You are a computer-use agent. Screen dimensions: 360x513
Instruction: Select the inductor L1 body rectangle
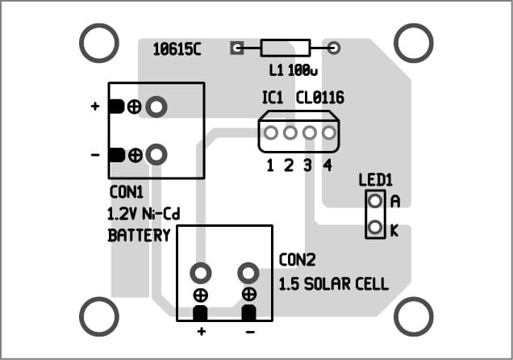285,48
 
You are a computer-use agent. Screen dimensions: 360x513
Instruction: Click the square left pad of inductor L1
237,48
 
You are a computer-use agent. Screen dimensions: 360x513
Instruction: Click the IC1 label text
273,98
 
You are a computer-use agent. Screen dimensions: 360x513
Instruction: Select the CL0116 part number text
319,98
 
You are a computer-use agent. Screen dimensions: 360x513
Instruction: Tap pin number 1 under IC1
271,166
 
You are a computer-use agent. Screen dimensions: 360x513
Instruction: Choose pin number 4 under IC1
327,166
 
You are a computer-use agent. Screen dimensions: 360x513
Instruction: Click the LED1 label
374,179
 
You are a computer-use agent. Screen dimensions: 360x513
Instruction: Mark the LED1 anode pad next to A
374,201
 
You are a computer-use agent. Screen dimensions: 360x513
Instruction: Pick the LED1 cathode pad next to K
374,229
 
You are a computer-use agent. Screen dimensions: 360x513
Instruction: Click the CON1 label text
126,193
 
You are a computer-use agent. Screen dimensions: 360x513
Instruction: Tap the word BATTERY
139,236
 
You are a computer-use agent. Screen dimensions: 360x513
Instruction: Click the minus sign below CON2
250,332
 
